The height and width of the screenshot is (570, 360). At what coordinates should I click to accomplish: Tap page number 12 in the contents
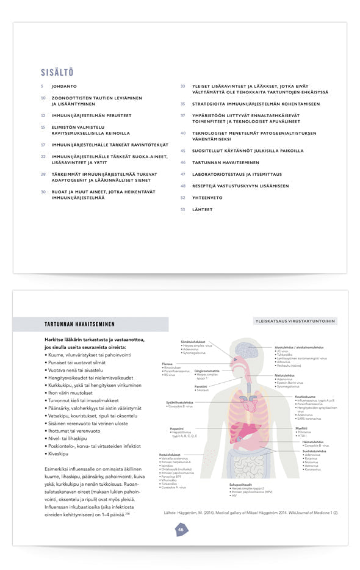[43, 115]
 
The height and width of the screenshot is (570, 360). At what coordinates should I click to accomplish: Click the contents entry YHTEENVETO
[207, 198]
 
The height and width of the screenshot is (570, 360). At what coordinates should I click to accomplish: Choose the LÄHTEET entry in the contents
[203, 209]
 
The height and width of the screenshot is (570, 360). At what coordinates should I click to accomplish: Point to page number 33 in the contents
[182, 87]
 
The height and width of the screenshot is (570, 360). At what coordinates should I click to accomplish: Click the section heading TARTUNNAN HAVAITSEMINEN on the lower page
[79, 324]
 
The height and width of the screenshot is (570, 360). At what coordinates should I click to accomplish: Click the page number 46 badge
[181, 530]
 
